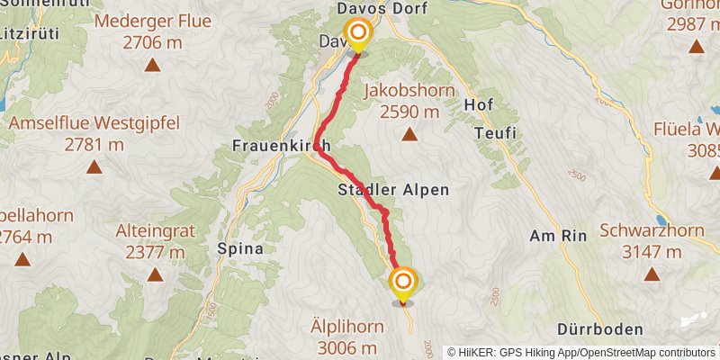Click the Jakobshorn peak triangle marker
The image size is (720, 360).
point(409,135)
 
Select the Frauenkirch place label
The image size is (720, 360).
point(281,146)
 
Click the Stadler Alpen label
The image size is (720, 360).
point(393,191)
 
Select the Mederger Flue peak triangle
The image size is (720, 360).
point(152,65)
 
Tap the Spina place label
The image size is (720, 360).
point(240,248)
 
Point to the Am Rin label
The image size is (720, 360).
point(558,236)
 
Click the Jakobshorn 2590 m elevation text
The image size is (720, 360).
point(409,112)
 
